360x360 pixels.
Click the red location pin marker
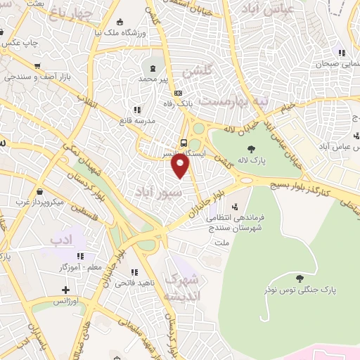(181, 166)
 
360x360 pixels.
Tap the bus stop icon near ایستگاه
(184, 143)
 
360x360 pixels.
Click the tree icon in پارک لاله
(251, 148)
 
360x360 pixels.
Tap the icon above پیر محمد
(154, 68)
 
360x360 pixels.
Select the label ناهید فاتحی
(138, 283)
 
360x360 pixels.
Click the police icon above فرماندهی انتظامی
(235, 207)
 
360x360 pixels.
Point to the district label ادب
(61, 240)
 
